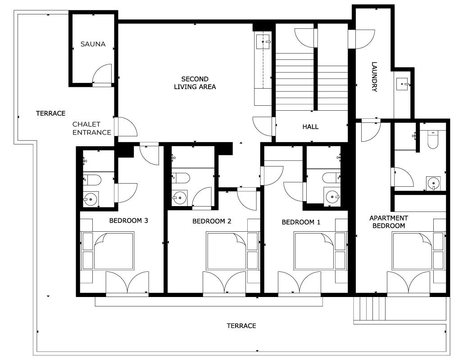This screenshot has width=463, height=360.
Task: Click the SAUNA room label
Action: pos(93,44)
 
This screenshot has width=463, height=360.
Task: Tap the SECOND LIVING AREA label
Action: pos(195,83)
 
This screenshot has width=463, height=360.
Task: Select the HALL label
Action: pos(310,127)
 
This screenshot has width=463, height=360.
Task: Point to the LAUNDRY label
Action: pos(374,76)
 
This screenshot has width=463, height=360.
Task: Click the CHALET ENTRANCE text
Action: pos(92,128)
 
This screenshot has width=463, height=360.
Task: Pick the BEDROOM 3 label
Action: pos(128,220)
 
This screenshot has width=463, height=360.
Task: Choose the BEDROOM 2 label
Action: pos(212,221)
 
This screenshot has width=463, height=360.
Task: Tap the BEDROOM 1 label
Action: pos(301,222)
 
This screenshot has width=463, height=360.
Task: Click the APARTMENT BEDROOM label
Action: pos(389,222)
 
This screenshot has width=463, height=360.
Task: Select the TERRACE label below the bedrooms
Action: pos(241,326)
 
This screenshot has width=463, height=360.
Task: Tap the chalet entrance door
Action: pos(126,126)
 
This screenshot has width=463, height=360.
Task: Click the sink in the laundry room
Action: pos(402,84)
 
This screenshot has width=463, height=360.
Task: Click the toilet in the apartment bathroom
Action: pos(433,140)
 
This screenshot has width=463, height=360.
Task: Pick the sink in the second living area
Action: pos(263,41)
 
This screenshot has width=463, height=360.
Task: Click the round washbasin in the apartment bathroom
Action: pos(433,184)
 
